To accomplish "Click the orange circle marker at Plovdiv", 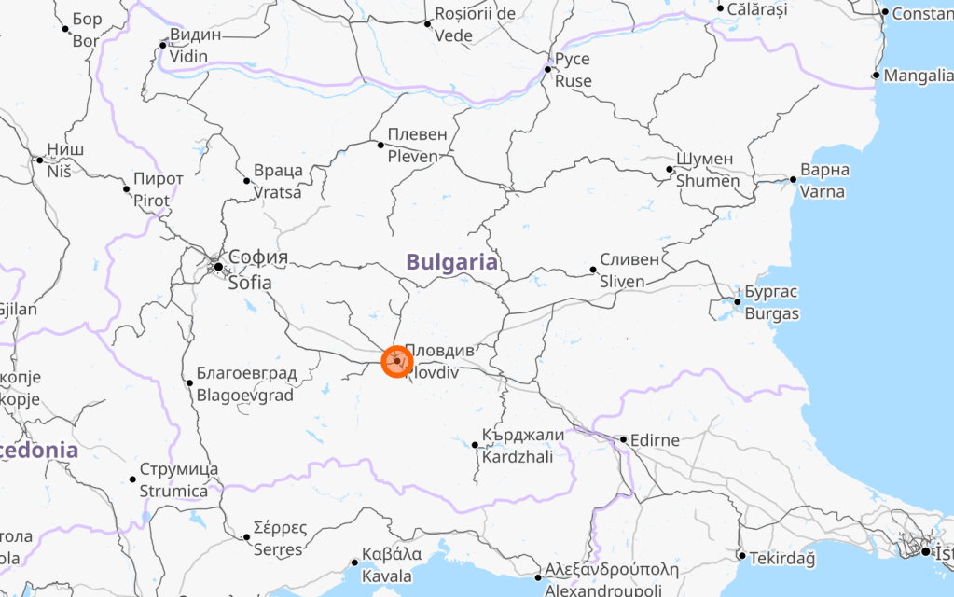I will tap(397, 361).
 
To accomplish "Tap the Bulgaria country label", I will tap(452, 262).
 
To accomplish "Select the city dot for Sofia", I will tap(218, 267).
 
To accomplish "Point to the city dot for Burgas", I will tap(737, 301).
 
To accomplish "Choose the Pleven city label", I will tap(418, 146).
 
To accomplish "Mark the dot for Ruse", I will tap(548, 69).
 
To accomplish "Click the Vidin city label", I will tap(195, 46).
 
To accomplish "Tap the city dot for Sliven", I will tap(593, 271).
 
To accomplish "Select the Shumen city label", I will tap(707, 170).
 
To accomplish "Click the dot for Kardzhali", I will tap(475, 445).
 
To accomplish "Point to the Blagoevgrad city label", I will tap(246, 384).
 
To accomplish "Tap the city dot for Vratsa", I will tap(247, 181).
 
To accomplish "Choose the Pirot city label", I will tap(152, 189).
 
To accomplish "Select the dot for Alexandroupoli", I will tap(538, 578).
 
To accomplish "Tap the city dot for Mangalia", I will tap(876, 76).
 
